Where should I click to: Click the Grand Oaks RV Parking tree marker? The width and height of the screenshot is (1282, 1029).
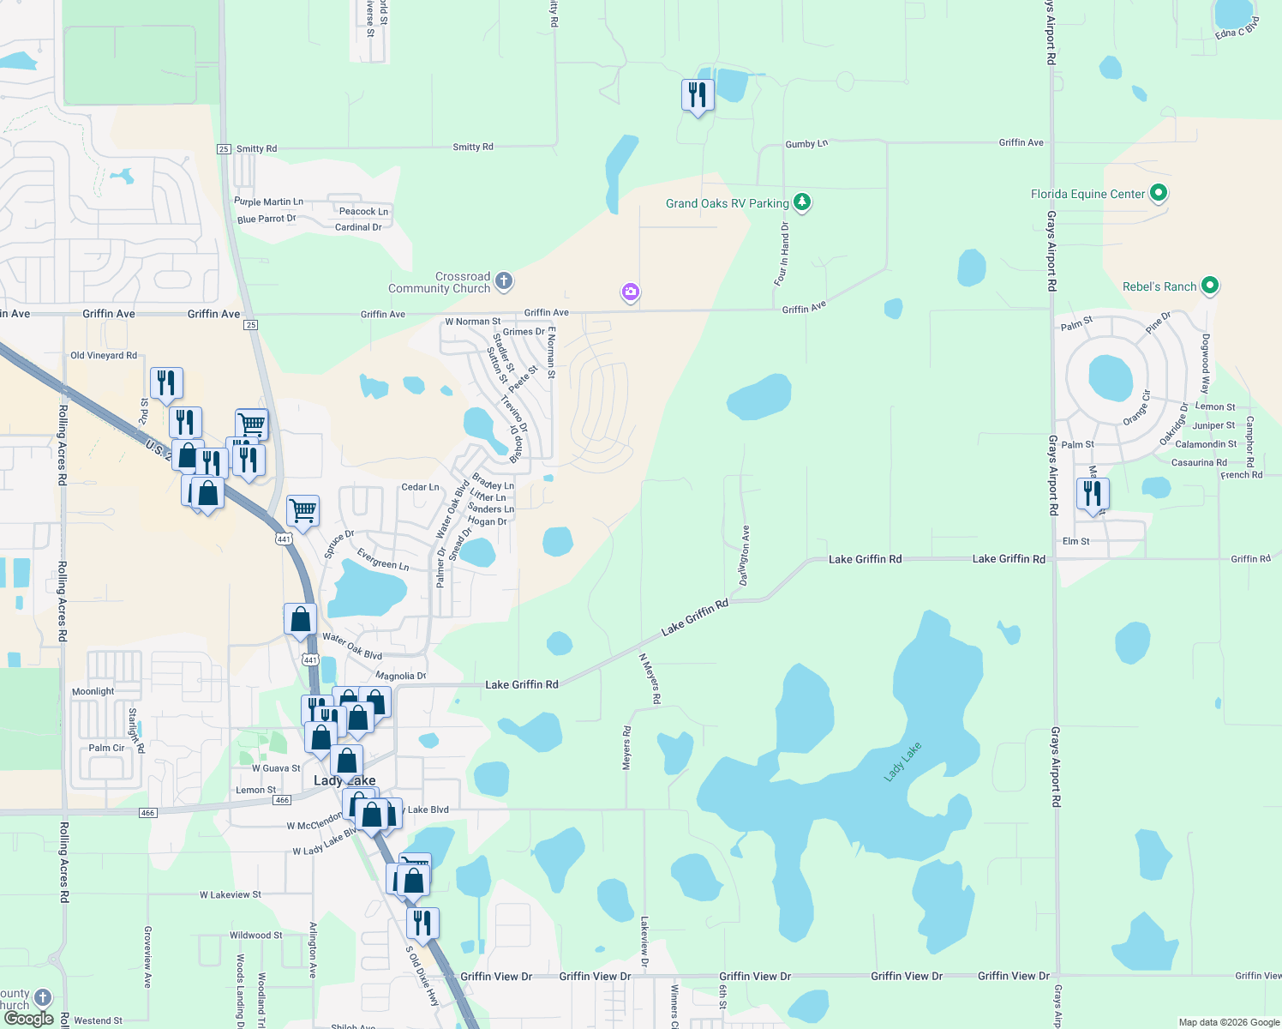point(802,202)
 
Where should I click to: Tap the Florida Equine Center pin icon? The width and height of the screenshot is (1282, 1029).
point(1159,193)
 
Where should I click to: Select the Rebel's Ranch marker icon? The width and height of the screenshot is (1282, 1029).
point(1210,286)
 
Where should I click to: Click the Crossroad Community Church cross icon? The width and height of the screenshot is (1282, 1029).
point(504,280)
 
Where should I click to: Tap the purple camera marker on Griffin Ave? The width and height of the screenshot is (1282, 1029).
point(631,292)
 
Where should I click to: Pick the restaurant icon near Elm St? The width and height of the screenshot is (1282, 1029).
point(1093,494)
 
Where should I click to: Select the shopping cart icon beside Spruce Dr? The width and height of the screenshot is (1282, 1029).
point(303,511)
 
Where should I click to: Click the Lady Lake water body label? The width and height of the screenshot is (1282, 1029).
point(902,761)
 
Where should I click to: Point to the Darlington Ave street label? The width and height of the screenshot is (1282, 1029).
point(745,556)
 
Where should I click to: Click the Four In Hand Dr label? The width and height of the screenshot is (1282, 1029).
point(782,253)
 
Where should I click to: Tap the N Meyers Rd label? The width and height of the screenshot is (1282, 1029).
point(650,678)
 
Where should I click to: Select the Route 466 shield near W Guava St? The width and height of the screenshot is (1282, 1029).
point(282,800)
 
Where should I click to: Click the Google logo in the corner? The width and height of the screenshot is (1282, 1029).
point(29,1019)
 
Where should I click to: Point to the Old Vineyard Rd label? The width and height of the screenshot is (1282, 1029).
point(104,355)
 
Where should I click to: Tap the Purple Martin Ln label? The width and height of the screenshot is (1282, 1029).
point(268,202)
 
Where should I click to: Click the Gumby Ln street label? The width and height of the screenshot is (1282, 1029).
point(806,144)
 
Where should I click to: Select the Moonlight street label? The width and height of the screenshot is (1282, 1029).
point(93,691)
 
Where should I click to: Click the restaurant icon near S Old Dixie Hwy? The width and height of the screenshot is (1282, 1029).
point(422,924)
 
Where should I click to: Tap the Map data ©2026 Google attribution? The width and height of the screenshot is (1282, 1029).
point(1229,1022)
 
